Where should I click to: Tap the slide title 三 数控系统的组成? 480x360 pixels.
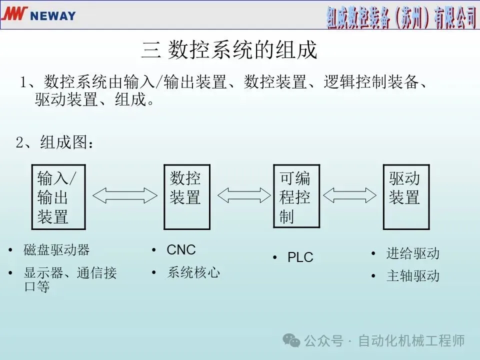coord(229,51)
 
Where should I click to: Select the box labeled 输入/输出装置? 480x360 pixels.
coord(58,197)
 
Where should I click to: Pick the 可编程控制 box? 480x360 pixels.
coord(296,197)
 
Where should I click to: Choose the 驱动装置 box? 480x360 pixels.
coord(406,197)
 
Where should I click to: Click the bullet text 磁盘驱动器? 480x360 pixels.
coord(56,249)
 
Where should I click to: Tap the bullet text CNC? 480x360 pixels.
coord(181,249)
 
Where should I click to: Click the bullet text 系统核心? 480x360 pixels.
coord(193,272)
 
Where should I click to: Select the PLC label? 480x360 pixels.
coord(300,257)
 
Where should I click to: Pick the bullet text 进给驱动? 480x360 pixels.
coord(412,253)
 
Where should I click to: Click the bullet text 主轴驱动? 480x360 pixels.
coord(412,276)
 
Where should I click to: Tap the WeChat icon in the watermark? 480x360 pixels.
coord(291,340)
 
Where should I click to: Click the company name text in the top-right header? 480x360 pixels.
coord(401,16)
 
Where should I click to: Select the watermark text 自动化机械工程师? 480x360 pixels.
coord(411,341)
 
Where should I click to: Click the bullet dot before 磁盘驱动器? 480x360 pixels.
coord(10,249)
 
